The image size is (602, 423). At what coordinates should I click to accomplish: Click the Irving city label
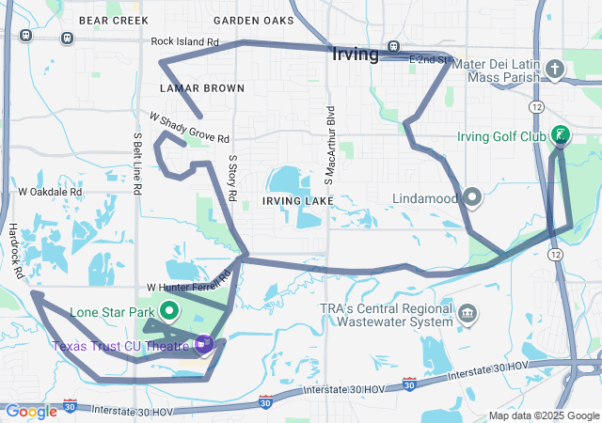356,54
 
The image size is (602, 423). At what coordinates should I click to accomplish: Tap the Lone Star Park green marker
170,310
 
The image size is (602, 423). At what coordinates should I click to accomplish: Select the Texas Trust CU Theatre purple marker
204,344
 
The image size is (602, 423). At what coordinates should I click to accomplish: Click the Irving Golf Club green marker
561,134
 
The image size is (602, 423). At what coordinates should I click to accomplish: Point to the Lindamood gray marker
472,197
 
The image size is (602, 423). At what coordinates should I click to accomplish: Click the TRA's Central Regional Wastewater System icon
467,311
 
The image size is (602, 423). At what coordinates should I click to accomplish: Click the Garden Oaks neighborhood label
254,20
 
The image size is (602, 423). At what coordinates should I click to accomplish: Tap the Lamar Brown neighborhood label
202,88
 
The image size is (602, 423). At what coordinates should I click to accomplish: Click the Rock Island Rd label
184,42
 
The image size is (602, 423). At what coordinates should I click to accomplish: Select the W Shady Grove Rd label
189,128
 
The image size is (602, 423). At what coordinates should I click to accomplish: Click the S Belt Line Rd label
137,163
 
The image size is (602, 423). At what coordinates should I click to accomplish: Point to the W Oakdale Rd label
50,192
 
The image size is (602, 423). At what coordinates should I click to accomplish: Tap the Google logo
31,412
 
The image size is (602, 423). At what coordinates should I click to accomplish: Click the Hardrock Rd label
16,250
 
